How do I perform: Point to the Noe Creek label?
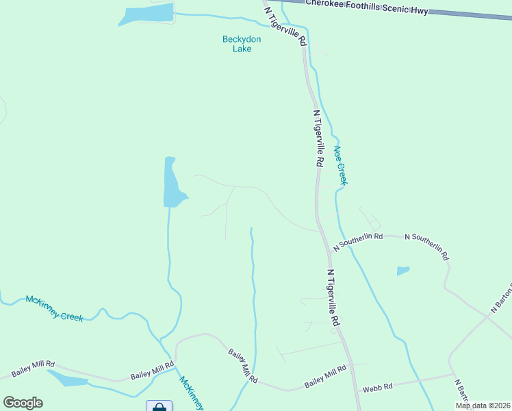point(341,165)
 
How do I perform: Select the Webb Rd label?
point(377,387)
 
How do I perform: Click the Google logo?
point(23,403)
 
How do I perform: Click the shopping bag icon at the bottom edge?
point(159,406)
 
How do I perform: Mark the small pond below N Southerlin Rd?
point(403,271)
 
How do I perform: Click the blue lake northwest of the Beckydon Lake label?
point(146,14)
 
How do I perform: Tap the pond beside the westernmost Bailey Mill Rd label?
point(66,378)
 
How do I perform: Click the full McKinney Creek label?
point(54,308)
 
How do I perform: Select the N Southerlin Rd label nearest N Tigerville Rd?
point(357,240)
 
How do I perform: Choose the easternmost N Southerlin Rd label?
point(426,246)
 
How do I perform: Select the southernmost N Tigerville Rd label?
point(333,297)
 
